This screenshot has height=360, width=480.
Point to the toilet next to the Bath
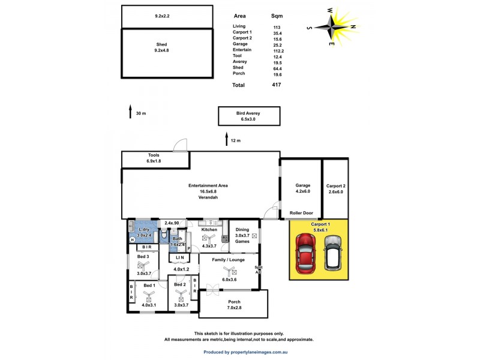coord(164,233)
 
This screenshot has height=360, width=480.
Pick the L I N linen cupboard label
coord(179,258)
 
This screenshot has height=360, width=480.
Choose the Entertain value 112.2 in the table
coord(278,50)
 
